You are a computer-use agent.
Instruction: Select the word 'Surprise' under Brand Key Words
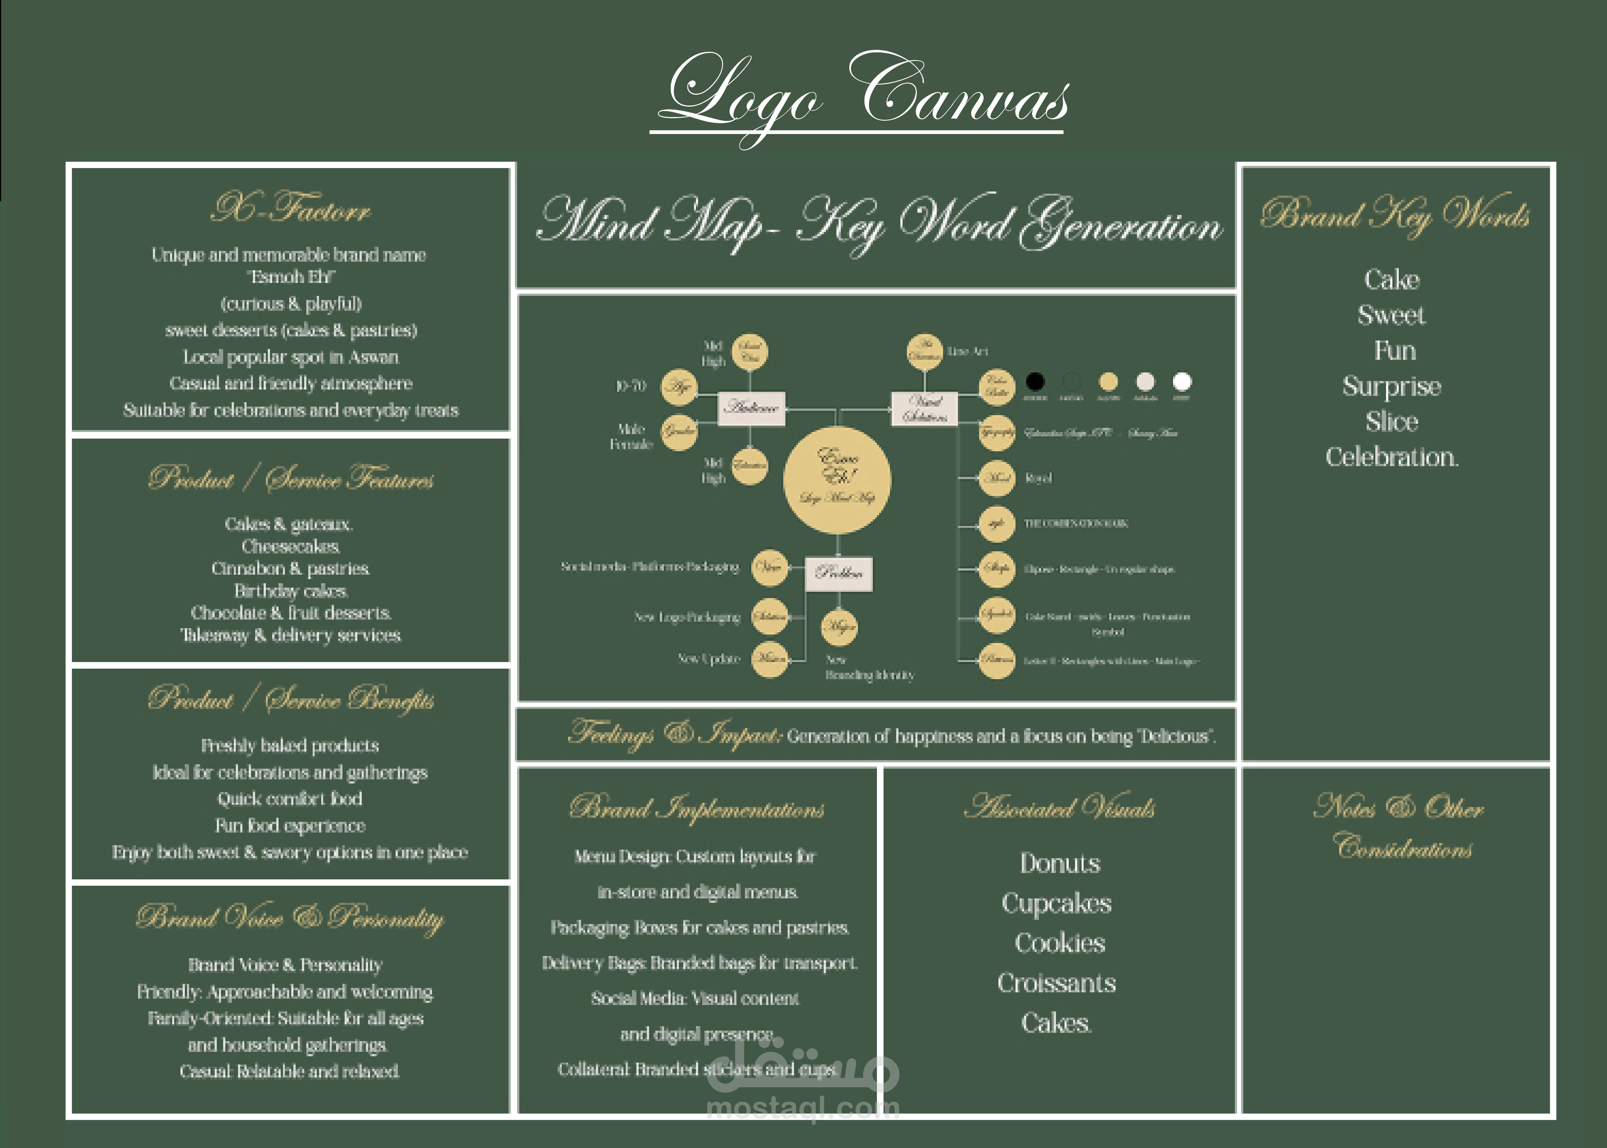(1391, 386)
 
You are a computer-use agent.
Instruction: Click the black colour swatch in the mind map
(1035, 382)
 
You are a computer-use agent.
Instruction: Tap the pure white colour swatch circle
(1182, 382)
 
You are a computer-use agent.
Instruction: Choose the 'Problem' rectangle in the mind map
(839, 572)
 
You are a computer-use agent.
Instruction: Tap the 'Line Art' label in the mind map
(967, 351)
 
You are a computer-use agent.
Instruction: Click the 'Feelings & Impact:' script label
(675, 734)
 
